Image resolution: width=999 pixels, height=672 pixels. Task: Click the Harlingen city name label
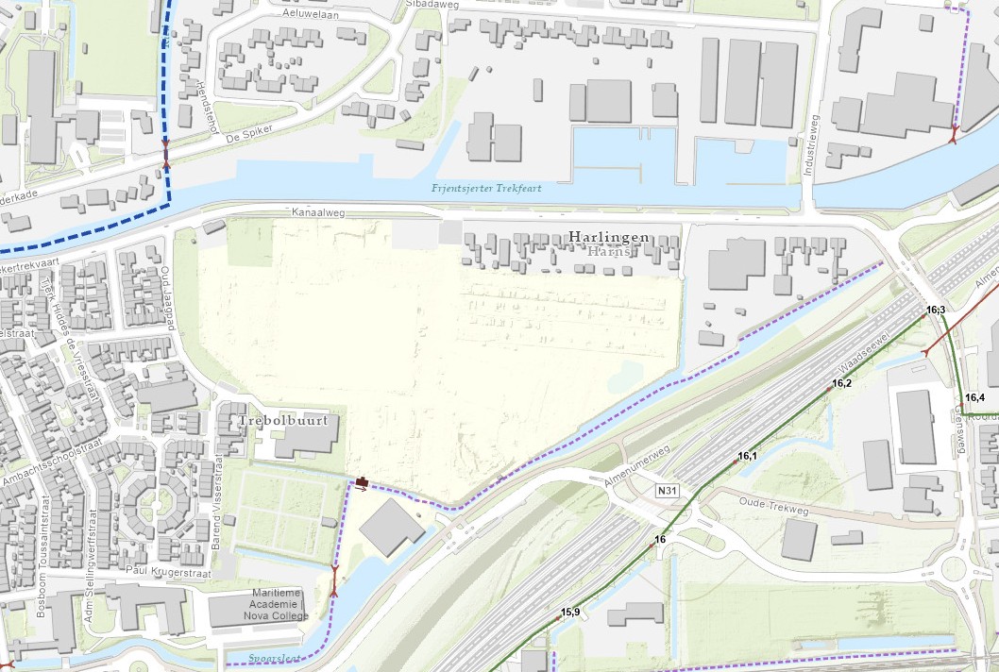(608, 237)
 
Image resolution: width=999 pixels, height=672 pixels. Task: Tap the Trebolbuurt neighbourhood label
(278, 421)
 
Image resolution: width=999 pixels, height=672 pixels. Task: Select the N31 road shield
(668, 491)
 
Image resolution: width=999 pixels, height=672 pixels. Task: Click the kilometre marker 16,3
(936, 310)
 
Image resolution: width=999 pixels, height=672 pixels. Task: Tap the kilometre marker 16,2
(841, 383)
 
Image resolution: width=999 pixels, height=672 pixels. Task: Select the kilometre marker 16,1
(747, 456)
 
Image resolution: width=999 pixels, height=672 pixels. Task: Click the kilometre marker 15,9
(570, 613)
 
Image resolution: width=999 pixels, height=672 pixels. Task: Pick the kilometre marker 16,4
(974, 397)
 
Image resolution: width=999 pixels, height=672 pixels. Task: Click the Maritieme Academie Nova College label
(279, 604)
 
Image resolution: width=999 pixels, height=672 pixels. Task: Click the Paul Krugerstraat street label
(166, 569)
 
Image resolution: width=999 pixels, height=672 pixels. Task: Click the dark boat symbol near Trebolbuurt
(363, 484)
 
